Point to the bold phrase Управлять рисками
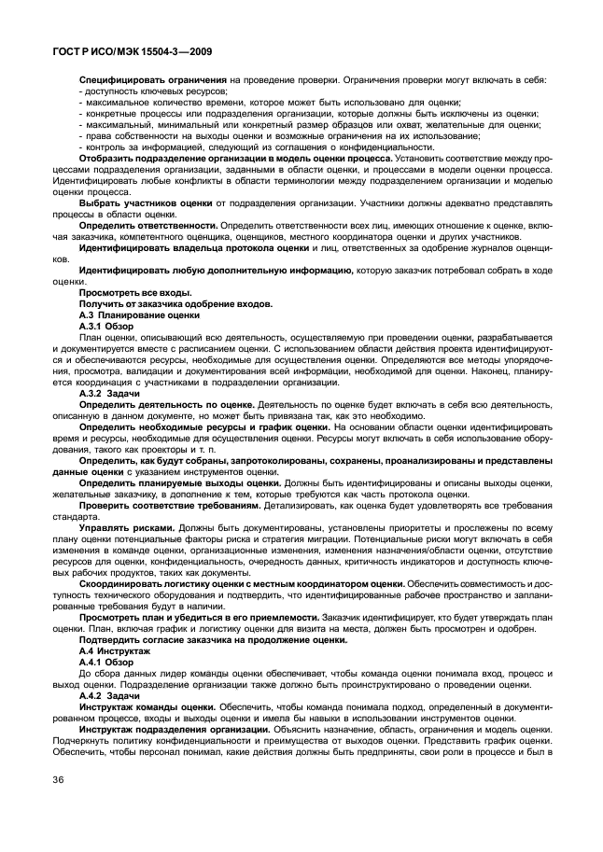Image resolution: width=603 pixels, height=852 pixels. (x=127, y=526)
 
